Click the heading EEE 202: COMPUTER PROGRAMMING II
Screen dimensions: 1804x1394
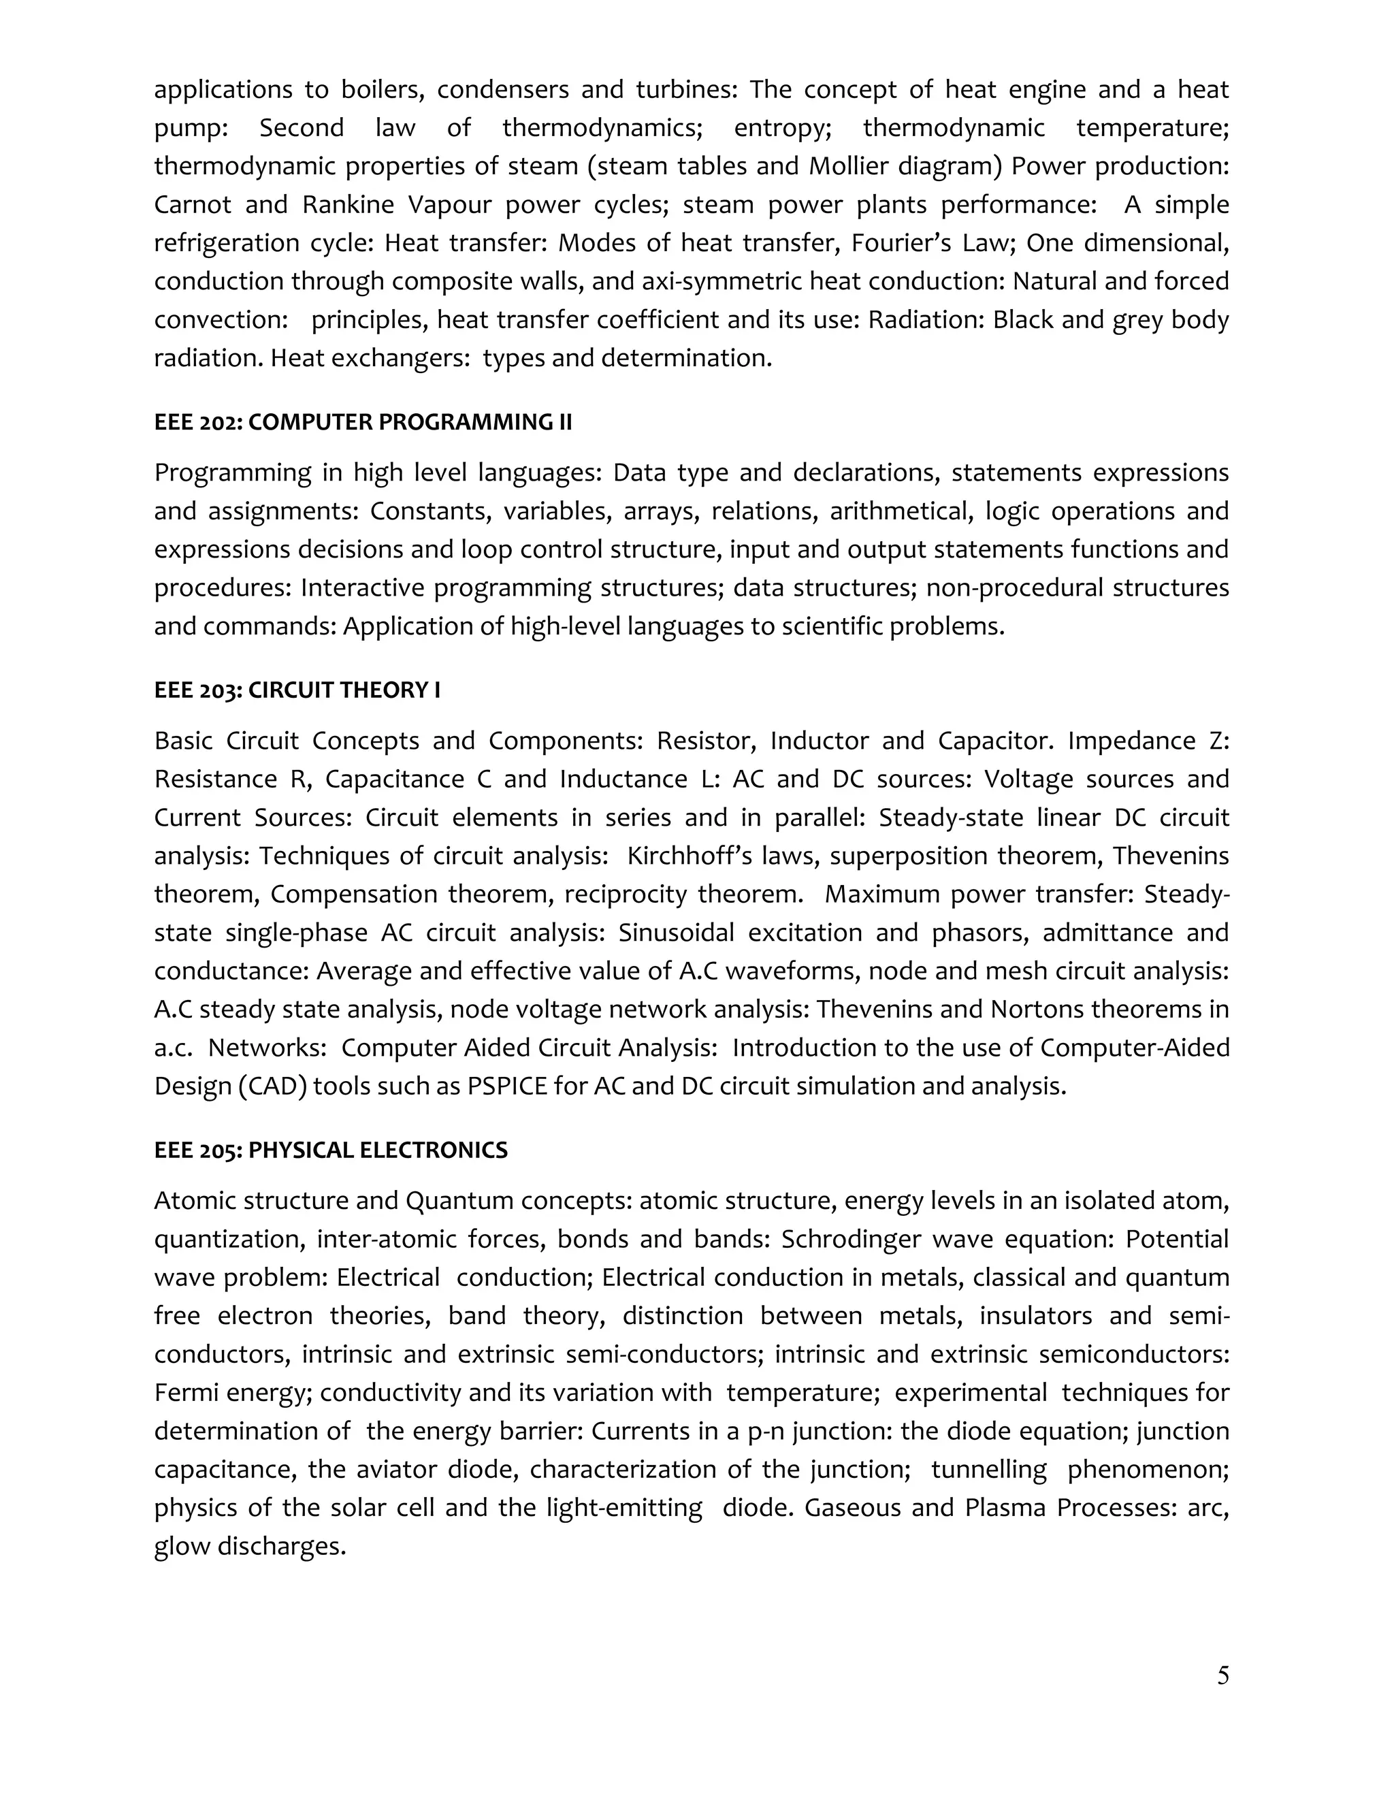click(x=363, y=422)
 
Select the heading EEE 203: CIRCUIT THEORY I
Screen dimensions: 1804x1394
click(x=297, y=690)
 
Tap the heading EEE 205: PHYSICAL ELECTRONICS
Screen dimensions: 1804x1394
click(x=330, y=1150)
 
